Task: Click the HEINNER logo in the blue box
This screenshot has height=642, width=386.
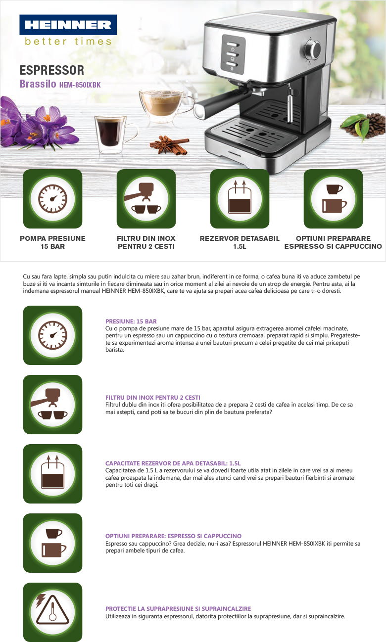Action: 68,25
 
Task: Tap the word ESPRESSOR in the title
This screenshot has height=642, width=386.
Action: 52,70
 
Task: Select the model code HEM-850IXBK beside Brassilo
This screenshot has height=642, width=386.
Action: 80,85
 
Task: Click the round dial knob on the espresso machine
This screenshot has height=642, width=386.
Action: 313,49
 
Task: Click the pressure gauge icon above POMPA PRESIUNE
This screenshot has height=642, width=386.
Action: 53,199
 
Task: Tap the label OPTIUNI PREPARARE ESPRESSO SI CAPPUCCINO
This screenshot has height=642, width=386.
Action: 333,242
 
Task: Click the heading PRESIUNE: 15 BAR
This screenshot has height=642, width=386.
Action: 131,321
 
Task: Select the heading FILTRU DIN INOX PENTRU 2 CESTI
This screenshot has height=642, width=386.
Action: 153,398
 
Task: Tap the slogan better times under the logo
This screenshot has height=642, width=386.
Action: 68,42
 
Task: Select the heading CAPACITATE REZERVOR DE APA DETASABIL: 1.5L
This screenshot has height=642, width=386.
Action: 173,463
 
